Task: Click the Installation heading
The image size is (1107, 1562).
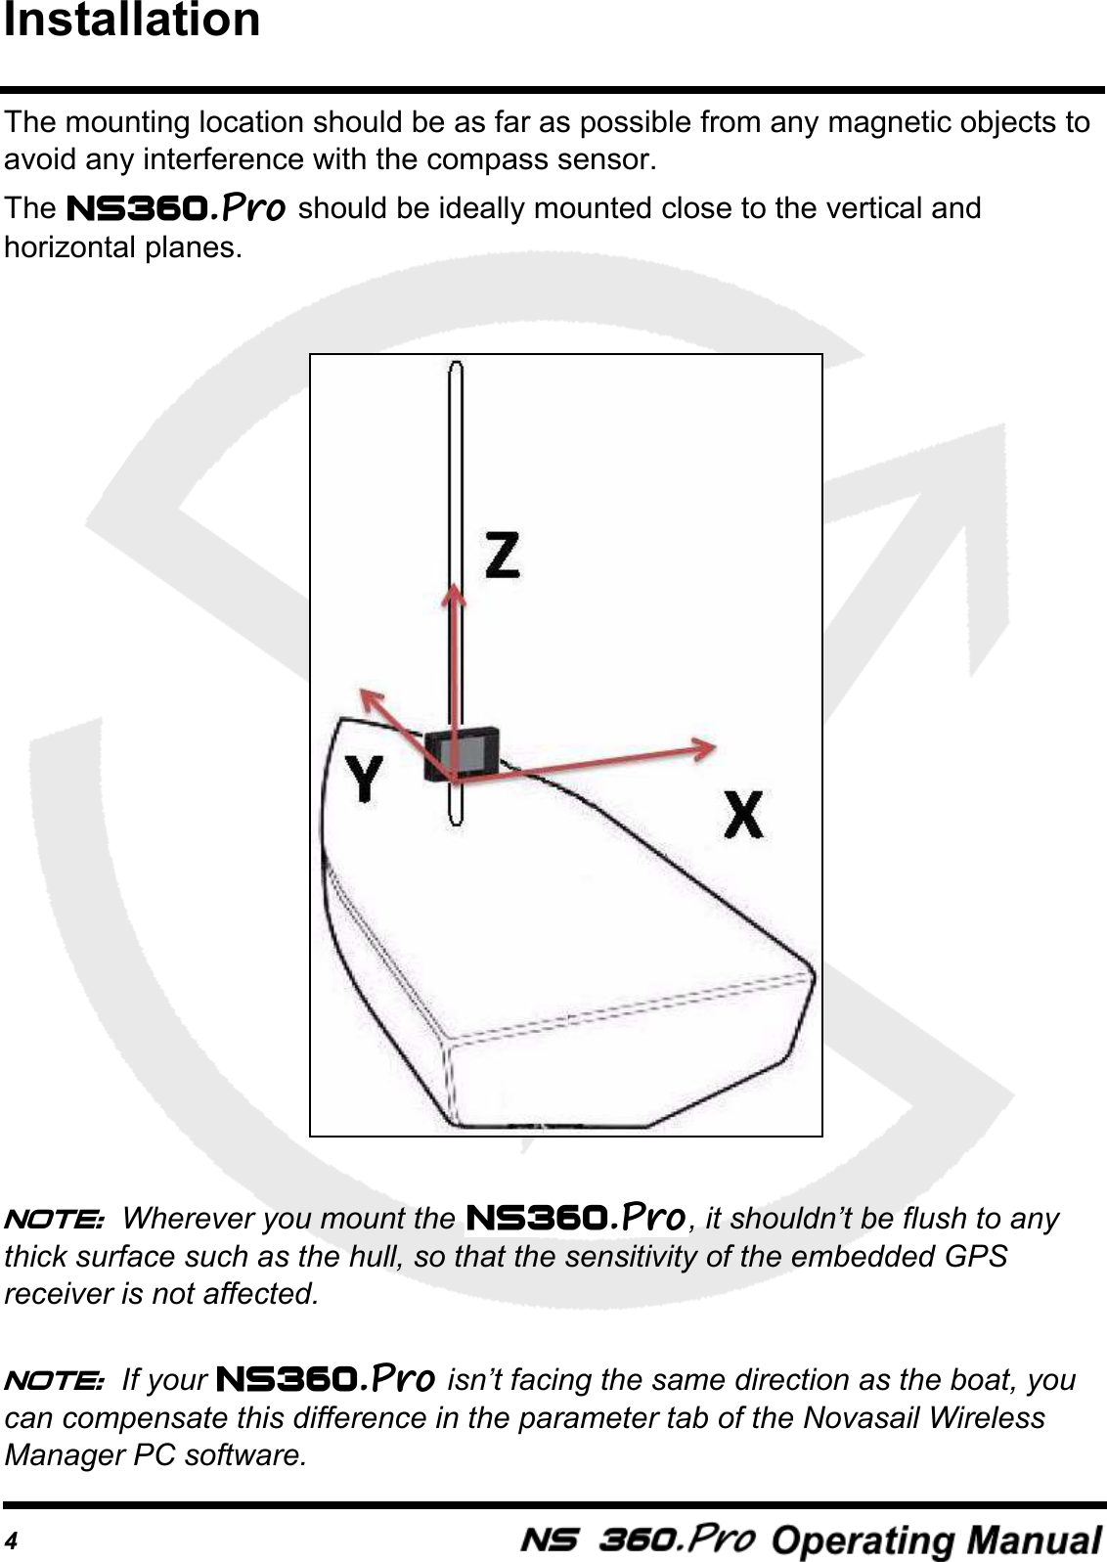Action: [x=132, y=22]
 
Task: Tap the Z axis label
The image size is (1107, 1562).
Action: [x=503, y=553]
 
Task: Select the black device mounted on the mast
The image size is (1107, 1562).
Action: [x=461, y=752]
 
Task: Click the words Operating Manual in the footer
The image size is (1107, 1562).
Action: [x=936, y=1540]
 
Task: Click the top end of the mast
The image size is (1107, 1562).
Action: [x=455, y=367]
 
